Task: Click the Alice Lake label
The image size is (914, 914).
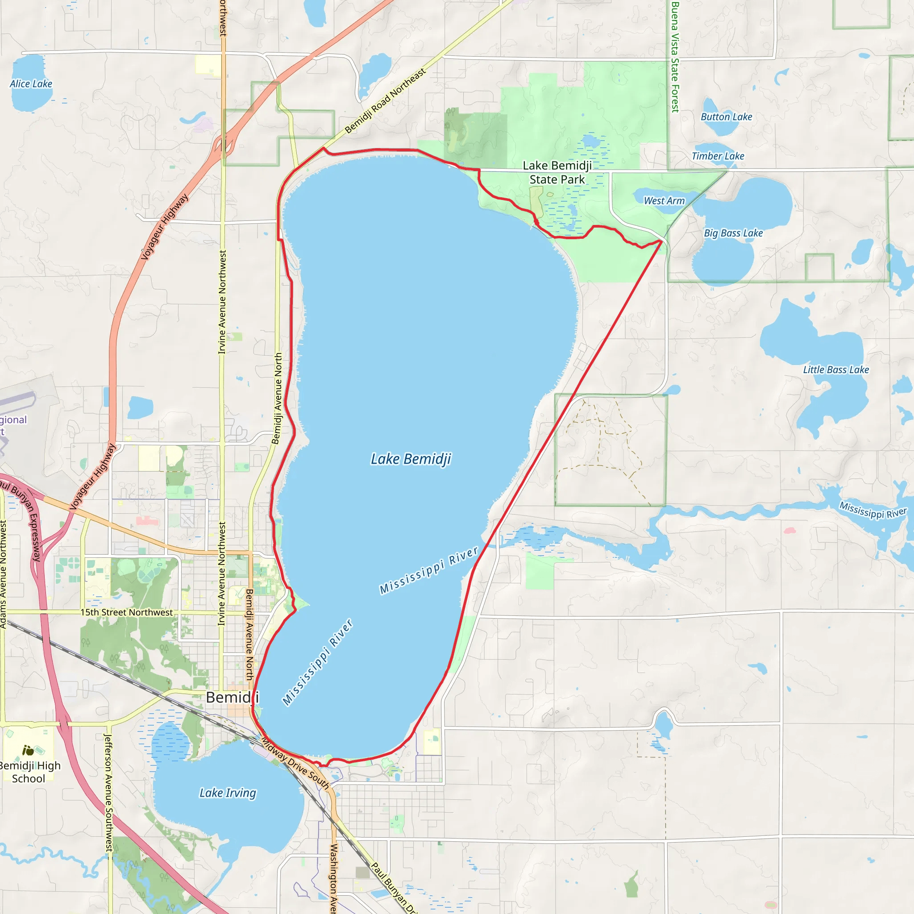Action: pyautogui.click(x=31, y=84)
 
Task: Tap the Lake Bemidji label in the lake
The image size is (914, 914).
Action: pyautogui.click(x=411, y=459)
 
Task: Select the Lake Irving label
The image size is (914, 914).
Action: pyautogui.click(x=228, y=793)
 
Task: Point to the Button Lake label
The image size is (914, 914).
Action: pyautogui.click(x=726, y=117)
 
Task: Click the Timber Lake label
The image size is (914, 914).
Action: pyautogui.click(x=718, y=156)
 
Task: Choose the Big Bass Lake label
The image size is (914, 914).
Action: pyautogui.click(x=733, y=233)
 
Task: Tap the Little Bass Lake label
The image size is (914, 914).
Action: pyautogui.click(x=836, y=370)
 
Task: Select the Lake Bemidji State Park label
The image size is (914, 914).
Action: pyautogui.click(x=557, y=173)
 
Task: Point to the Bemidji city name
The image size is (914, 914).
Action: pyautogui.click(x=232, y=698)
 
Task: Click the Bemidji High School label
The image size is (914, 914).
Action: pyautogui.click(x=29, y=772)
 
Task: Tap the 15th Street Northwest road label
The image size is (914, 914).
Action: pyautogui.click(x=126, y=612)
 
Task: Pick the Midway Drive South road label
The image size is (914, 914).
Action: pyautogui.click(x=295, y=763)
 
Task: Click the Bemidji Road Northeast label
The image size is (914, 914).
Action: pyautogui.click(x=385, y=101)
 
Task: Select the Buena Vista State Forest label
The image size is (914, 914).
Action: pyautogui.click(x=675, y=57)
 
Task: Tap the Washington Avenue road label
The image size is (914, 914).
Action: pyautogui.click(x=333, y=877)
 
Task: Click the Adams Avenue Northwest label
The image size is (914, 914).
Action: pyautogui.click(x=3, y=574)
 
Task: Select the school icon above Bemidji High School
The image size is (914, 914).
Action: pyautogui.click(x=29, y=750)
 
